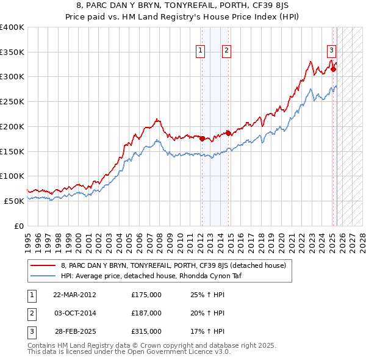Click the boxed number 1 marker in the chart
pyautogui.click(x=201, y=51)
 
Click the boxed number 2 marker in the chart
pyautogui.click(x=226, y=51)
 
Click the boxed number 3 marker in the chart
pyautogui.click(x=331, y=51)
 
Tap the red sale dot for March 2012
pyautogui.click(x=202, y=139)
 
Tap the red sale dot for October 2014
pyautogui.click(x=228, y=132)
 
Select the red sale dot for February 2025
pyautogui.click(x=333, y=69)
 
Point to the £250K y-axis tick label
pyautogui.click(x=12, y=102)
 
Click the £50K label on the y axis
pyautogui.click(x=14, y=201)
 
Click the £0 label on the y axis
pyautogui.click(x=18, y=226)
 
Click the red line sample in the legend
pyautogui.click(x=43, y=265)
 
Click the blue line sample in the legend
pyautogui.click(x=43, y=276)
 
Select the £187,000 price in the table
pyautogui.click(x=146, y=313)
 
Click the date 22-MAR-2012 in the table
pyautogui.click(x=74, y=295)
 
